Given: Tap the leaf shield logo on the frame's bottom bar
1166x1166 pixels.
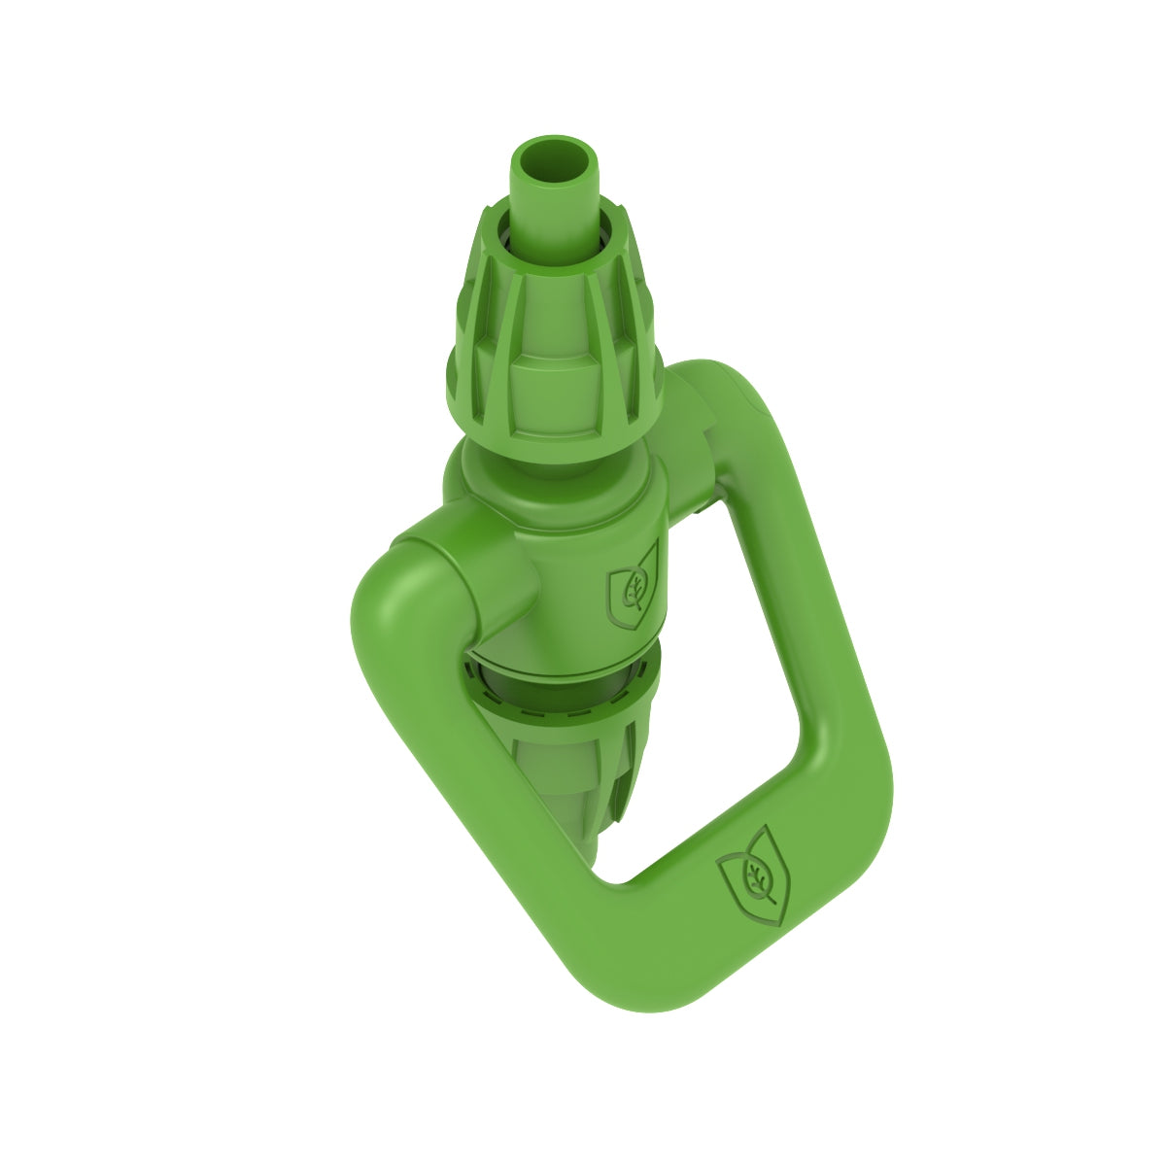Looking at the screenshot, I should point(755,875).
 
